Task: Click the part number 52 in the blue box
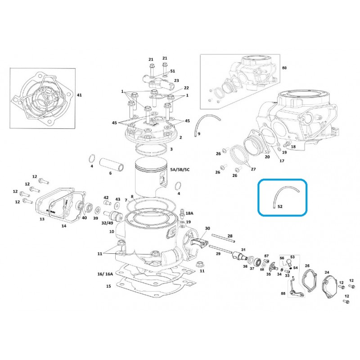280,207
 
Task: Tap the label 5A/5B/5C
180,170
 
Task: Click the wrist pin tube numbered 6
112,165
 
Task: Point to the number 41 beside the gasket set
79,95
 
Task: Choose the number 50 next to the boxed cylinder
284,68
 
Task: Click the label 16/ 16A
105,274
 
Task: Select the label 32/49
107,223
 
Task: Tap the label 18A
189,213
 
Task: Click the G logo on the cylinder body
171,233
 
